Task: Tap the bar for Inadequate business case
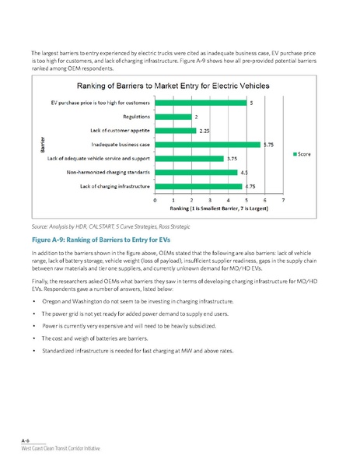[x=208, y=144]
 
